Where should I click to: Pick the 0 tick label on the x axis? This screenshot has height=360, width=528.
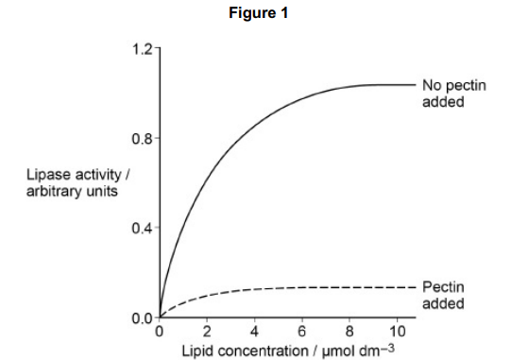pos(159,331)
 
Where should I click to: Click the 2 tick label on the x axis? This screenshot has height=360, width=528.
pos(207,331)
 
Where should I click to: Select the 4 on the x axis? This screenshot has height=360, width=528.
pos(254,331)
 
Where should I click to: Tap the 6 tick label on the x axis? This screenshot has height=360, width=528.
pos(301,331)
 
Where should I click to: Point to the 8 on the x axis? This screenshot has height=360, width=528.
pos(349,331)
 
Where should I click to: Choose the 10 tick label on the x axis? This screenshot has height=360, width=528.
pos(397,331)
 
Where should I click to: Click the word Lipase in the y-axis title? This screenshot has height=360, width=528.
pos(48,177)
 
